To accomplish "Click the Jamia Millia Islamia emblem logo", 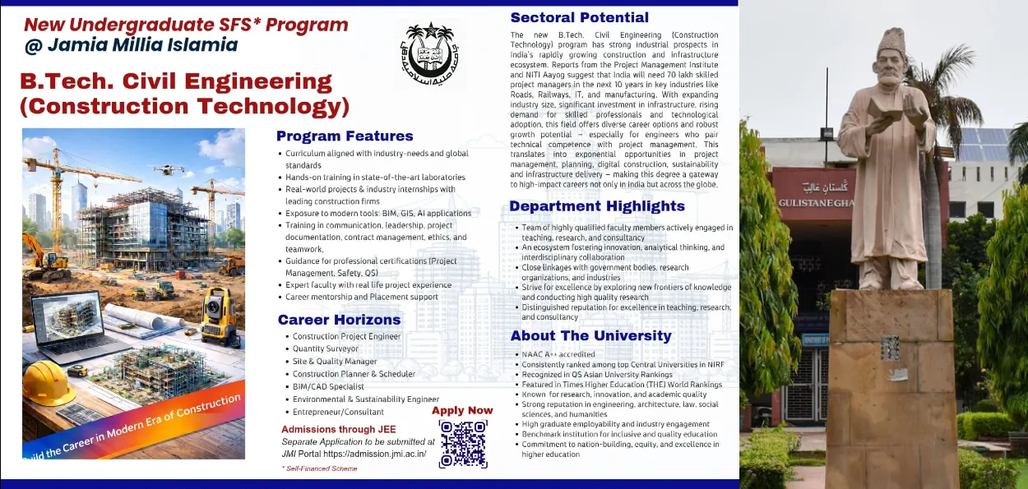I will click(428, 54).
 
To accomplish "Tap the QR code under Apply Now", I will click(463, 444).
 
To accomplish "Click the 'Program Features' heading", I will click(345, 136).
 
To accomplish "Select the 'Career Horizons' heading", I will click(339, 320).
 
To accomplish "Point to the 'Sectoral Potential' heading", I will click(579, 17).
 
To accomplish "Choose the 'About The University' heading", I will click(590, 335).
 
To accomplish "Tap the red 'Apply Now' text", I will click(462, 410).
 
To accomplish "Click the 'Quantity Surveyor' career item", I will click(326, 348).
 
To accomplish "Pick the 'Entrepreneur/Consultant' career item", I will click(338, 412).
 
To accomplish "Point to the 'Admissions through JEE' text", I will click(338, 429).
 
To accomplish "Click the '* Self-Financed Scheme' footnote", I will click(319, 468).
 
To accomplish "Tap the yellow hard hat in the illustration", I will click(49, 384).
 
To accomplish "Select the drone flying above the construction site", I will click(169, 169).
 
